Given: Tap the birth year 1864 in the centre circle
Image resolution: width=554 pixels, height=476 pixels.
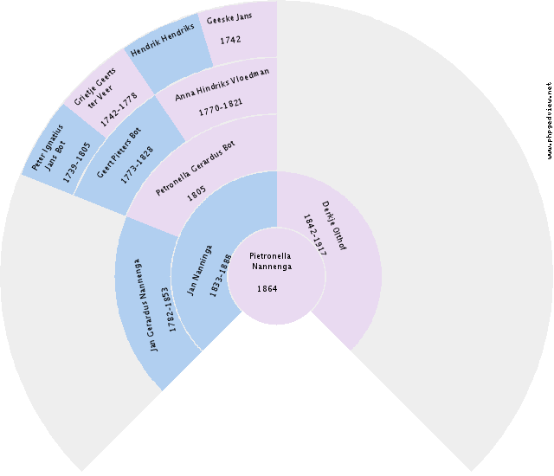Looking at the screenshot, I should (267, 288).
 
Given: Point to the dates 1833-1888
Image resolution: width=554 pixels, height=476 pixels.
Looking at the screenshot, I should (221, 276).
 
